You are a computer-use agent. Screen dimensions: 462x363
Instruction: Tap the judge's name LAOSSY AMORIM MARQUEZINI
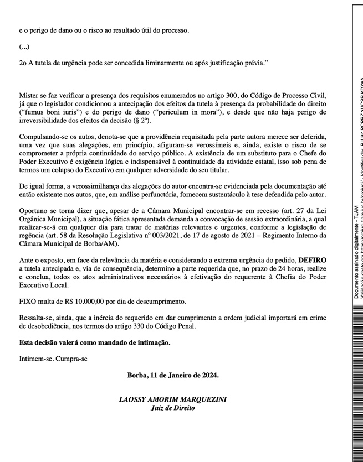coord(172,399)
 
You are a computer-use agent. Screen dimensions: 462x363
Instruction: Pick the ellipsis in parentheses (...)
coord(24,47)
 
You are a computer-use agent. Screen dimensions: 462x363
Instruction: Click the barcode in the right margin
coord(356,387)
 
